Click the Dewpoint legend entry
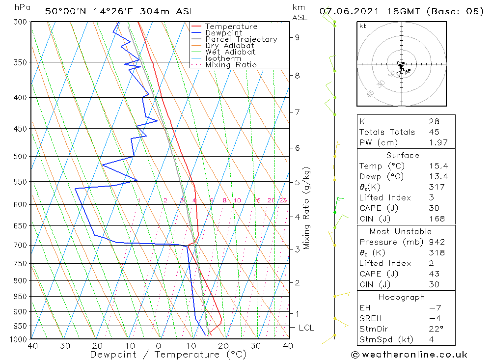tap(223, 33)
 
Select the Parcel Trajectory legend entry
tap(241, 39)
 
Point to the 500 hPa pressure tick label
tap(20, 157)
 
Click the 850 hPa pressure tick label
tap(20, 297)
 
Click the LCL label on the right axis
tap(306, 328)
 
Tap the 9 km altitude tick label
tap(298, 37)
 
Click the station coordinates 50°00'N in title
tap(64, 11)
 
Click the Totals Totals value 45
tap(434, 132)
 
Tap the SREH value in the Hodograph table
tap(434, 319)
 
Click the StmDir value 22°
tap(436, 329)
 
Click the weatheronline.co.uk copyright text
tap(409, 355)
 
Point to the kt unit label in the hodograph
tap(363, 26)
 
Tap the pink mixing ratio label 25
tap(283, 200)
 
